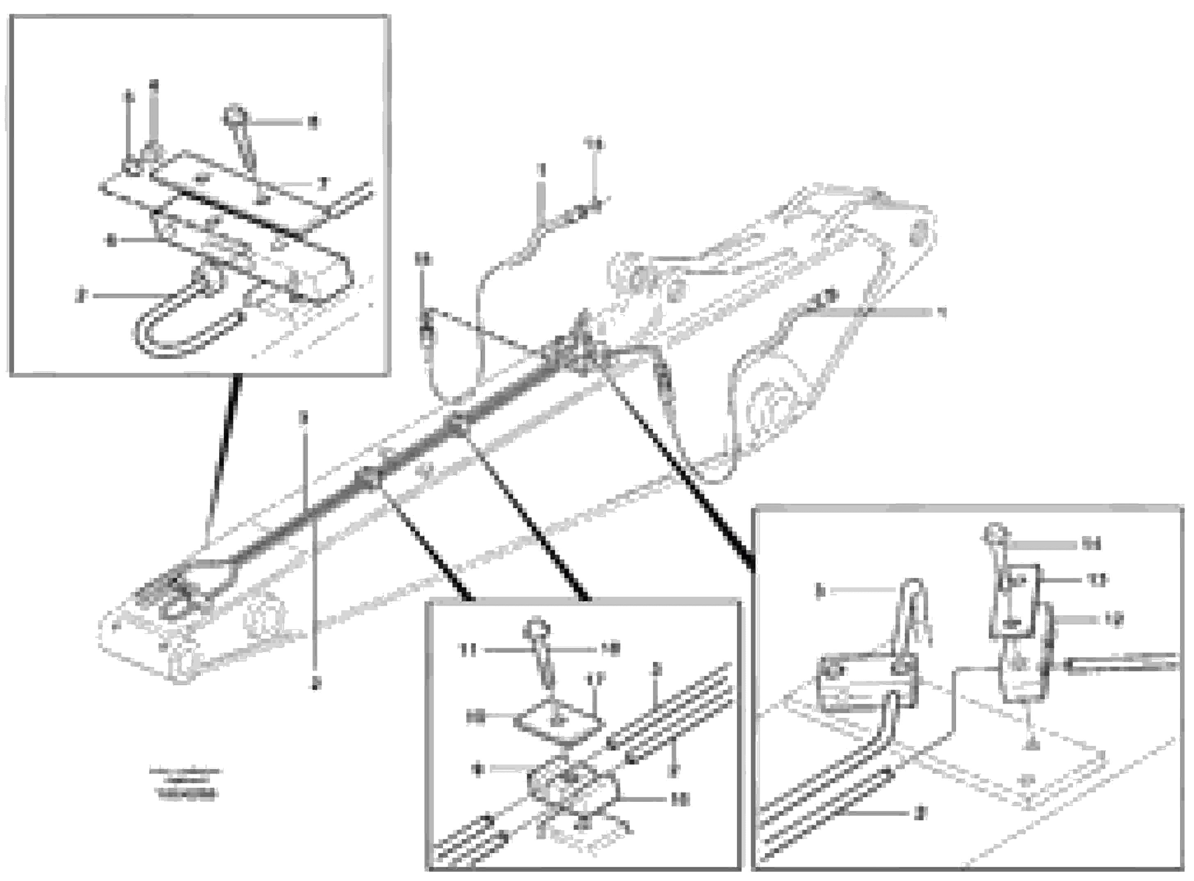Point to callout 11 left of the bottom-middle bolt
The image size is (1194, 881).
click(469, 650)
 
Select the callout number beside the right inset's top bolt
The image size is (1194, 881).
click(1091, 545)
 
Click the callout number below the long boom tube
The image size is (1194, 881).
click(316, 682)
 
